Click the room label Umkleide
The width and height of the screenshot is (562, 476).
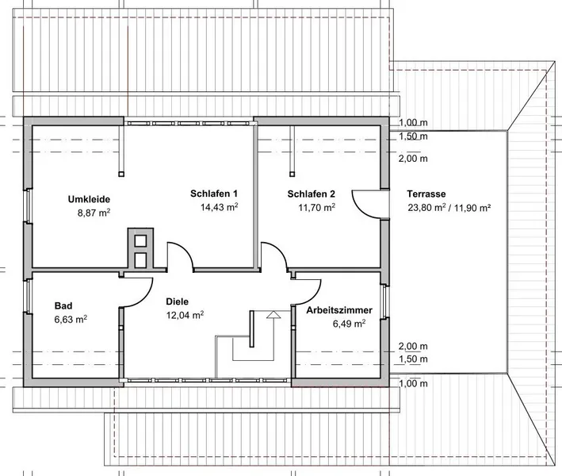click(89, 198)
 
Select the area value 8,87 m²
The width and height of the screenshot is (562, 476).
click(94, 213)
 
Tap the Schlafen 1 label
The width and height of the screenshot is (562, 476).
click(214, 193)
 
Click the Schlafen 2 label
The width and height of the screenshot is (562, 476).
click(312, 193)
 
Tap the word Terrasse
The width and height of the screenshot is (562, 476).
click(426, 193)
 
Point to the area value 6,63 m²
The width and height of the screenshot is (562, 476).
click(71, 319)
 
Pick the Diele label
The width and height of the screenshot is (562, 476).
click(177, 301)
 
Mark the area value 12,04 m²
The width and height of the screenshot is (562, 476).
click(185, 315)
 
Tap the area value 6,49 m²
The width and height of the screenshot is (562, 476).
click(349, 324)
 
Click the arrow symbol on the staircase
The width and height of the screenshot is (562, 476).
click(274, 316)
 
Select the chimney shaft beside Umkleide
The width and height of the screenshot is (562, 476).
click(139, 250)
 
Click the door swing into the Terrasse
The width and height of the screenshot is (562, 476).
click(367, 203)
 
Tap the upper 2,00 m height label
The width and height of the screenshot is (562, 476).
click(412, 158)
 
